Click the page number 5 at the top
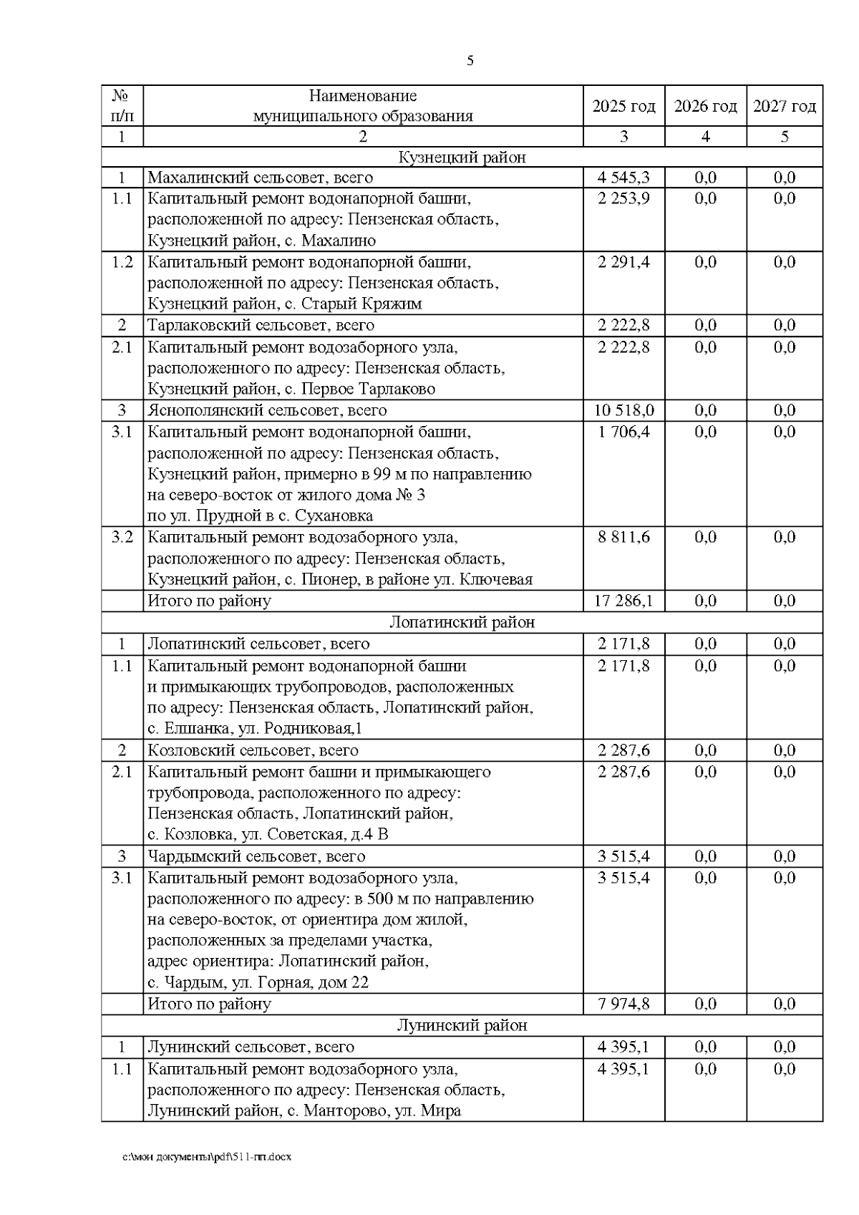(x=470, y=61)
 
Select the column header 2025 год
(x=623, y=107)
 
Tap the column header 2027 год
(x=784, y=107)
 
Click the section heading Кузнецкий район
(x=462, y=158)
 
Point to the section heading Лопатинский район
(x=462, y=622)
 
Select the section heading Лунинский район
(x=462, y=1025)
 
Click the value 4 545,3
(x=623, y=178)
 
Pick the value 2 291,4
(x=623, y=262)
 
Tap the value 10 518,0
(x=623, y=410)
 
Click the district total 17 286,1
(x=623, y=601)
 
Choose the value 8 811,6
(x=623, y=537)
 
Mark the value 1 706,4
(x=623, y=432)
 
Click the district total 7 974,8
(x=623, y=1004)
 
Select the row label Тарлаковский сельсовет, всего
(x=261, y=326)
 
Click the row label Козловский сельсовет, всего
(x=253, y=750)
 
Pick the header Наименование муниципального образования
(x=363, y=106)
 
